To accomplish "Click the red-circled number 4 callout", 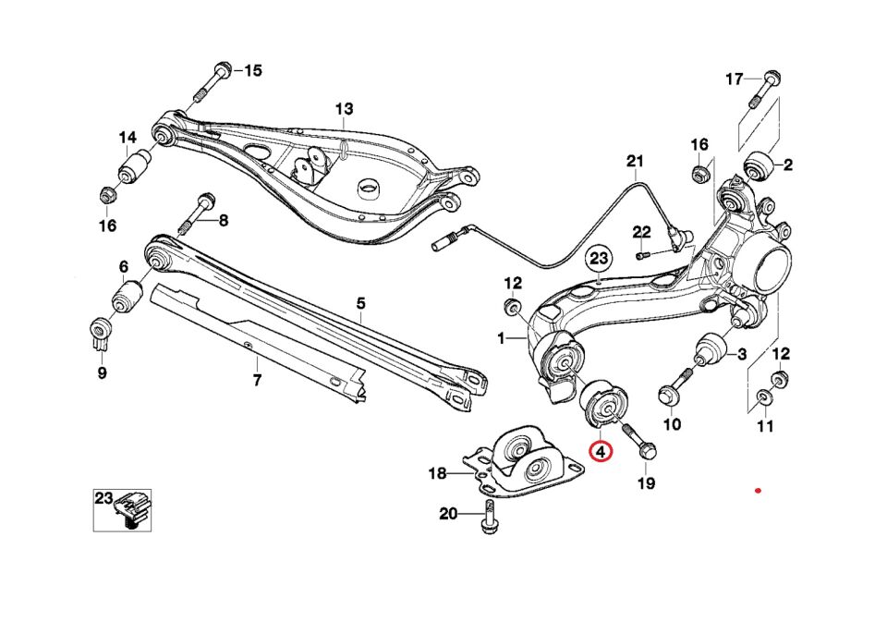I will pos(601,452).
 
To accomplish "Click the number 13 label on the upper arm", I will pos(344,109).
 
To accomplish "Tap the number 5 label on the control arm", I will pos(361,303).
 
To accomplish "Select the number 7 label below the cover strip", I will pos(257,380).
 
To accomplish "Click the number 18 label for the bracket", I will pos(437,474).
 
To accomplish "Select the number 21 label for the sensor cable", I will pos(634,162).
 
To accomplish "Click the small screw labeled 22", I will pos(643,254).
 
